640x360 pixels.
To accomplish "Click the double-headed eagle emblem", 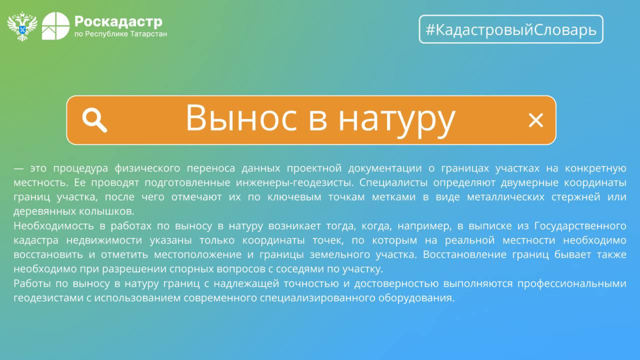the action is click(x=22, y=26).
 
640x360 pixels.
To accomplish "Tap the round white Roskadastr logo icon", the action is click(x=56, y=26).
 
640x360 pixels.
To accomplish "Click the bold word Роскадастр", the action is click(x=118, y=22).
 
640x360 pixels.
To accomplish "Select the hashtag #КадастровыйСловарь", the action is click(x=511, y=30).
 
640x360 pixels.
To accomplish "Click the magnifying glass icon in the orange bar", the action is click(x=94, y=120).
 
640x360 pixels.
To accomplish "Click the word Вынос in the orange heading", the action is click(x=241, y=118).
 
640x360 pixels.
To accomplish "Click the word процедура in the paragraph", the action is click(x=80, y=168).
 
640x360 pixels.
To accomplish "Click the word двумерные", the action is click(x=530, y=183).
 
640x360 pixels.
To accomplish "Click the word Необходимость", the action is click(x=54, y=226).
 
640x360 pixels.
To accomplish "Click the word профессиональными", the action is click(x=572, y=284).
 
